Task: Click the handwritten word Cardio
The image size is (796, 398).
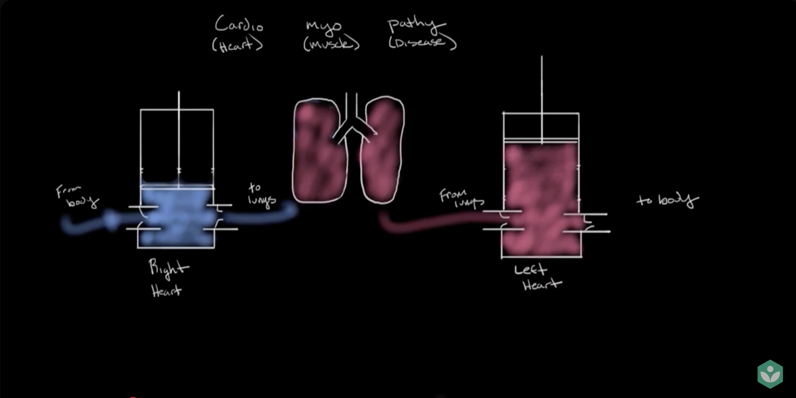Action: coord(239,24)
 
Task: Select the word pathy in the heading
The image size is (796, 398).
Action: coord(416,25)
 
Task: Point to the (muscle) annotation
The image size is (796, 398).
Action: coord(331,44)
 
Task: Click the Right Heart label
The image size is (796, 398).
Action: coord(168,278)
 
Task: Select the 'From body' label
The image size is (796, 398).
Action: coord(77,196)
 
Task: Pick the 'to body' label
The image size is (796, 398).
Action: coord(668,200)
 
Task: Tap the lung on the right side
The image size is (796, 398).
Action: coord(383,150)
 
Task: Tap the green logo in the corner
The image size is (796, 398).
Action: coord(770,374)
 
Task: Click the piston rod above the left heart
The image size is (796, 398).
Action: coord(541,99)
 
